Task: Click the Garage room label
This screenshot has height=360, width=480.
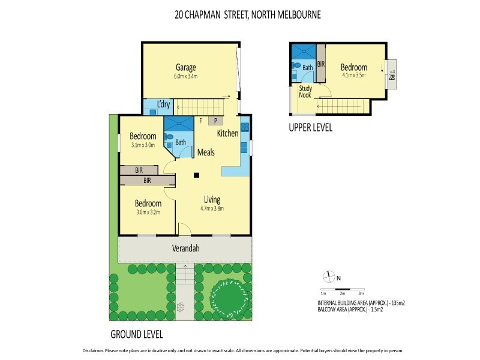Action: (x=186, y=67)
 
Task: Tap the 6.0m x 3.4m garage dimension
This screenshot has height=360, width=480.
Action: (x=186, y=76)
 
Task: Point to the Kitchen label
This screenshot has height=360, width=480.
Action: (x=227, y=133)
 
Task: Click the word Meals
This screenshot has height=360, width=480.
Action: (x=206, y=152)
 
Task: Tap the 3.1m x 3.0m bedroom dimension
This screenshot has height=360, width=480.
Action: (x=143, y=145)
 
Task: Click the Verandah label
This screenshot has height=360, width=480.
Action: (x=187, y=248)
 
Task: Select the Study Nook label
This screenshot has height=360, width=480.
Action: (x=305, y=92)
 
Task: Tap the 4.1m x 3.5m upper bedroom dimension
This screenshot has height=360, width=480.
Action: (x=353, y=76)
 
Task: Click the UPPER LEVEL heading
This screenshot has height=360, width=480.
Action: (x=310, y=128)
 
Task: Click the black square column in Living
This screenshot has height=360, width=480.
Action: (x=196, y=176)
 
